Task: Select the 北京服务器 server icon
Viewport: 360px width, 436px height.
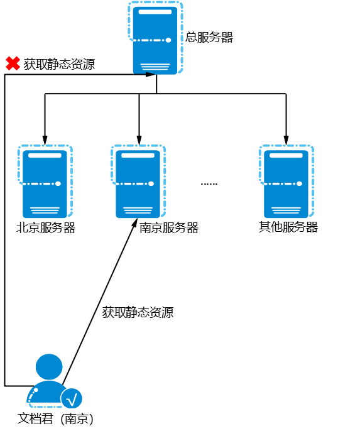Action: point(45,182)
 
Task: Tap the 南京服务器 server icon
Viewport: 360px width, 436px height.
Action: point(138,182)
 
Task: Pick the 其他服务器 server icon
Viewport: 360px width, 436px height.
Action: point(286,182)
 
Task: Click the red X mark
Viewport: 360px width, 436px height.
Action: point(12,63)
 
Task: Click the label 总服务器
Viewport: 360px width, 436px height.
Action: point(209,38)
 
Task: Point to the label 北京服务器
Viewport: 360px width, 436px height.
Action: point(46,228)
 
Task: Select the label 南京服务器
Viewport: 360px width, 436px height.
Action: point(169,228)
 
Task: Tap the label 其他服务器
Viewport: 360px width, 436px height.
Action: point(288,227)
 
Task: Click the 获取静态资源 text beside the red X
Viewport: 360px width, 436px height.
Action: point(60,63)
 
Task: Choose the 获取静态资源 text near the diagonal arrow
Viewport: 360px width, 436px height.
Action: point(138,312)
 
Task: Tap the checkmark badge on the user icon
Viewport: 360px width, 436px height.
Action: point(72,398)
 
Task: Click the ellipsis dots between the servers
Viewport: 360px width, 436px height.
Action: point(209,184)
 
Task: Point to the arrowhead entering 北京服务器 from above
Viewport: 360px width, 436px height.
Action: point(45,138)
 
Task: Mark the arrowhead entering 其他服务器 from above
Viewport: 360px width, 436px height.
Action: point(286,138)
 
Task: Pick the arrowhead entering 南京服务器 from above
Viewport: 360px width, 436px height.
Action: point(138,138)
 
